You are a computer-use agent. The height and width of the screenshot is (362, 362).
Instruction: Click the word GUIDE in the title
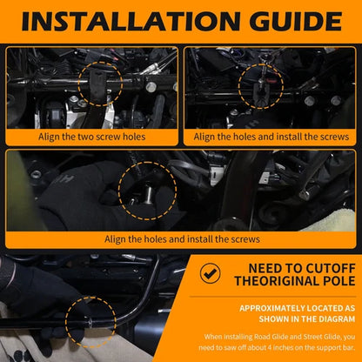point(296,22)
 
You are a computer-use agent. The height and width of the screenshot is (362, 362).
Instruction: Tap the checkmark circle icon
point(210,273)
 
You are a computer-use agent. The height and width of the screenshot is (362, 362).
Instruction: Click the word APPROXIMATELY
point(272,308)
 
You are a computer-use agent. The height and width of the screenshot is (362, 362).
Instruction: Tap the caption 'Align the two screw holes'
point(91,137)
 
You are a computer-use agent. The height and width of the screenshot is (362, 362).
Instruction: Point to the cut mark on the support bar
point(90,322)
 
